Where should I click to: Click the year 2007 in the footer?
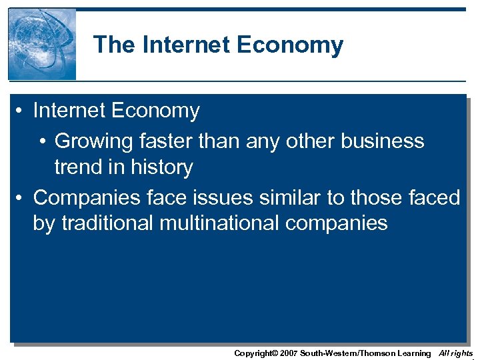click(285, 353)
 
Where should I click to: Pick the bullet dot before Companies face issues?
click(22, 198)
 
